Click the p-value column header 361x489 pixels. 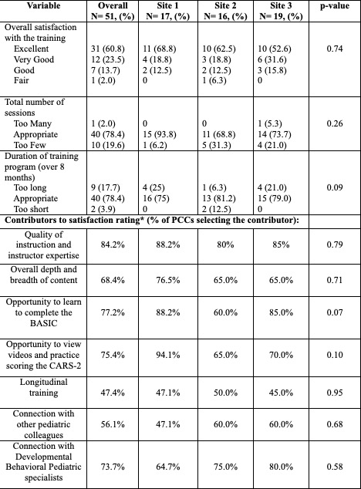coord(335,6)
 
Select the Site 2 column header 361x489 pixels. coord(225,11)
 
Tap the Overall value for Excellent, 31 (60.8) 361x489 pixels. coord(108,49)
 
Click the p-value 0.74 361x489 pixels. coord(335,49)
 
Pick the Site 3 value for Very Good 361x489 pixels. coord(272,59)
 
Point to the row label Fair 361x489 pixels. coord(22,80)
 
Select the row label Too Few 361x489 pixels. coord(29,145)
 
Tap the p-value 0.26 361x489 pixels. coord(335,123)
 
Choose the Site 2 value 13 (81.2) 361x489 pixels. coord(219,198)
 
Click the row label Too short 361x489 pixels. coord(31,209)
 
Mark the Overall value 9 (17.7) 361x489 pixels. coord(106,187)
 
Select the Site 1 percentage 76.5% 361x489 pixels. coord(168,280)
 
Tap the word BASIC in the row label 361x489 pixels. coord(44,323)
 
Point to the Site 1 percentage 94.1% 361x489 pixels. coord(168,355)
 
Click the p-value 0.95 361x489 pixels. coord(335,393)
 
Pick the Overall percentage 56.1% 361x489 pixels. coord(113,424)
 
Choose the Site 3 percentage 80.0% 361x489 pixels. coord(281,467)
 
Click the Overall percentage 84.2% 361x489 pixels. coord(113,244)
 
